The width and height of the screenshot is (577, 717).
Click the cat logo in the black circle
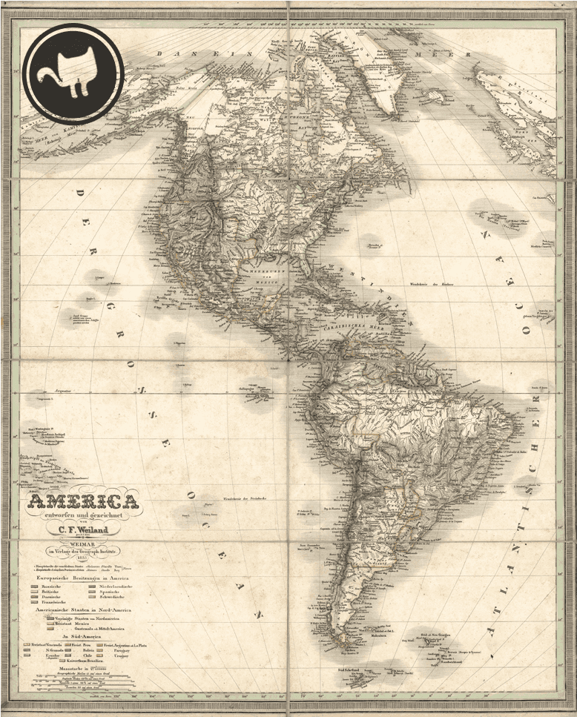[72, 72]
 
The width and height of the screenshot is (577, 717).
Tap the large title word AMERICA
[83, 502]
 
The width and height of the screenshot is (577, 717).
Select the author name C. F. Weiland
[83, 529]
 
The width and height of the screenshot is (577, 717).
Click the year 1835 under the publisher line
[83, 557]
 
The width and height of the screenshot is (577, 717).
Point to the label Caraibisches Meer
[349, 326]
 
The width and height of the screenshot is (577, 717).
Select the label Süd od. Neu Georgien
[436, 636]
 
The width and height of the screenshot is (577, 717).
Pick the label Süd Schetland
[352, 670]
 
